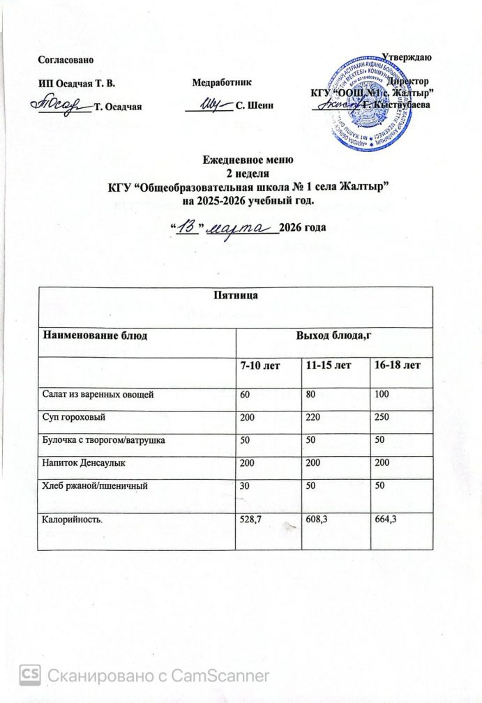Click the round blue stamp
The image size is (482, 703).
click(x=368, y=105)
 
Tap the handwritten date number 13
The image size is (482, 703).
click(x=186, y=227)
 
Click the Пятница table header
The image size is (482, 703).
click(x=241, y=296)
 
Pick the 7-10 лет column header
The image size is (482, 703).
click(x=259, y=365)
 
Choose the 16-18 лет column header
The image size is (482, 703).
click(x=396, y=365)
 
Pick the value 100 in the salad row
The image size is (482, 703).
click(x=382, y=395)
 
